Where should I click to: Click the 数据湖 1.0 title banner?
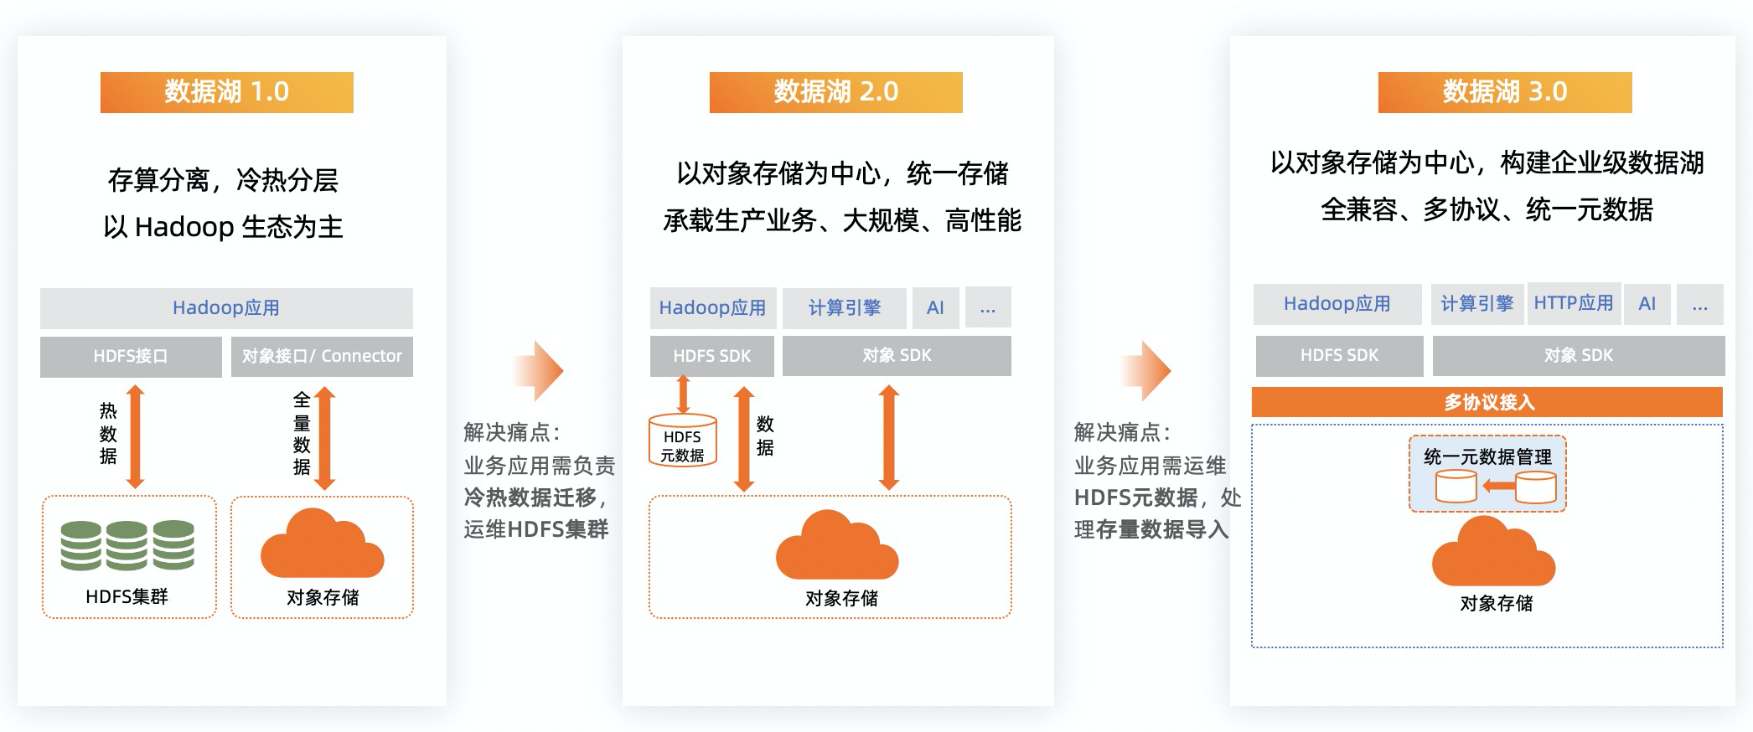click(x=226, y=92)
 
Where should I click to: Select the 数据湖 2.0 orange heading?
click(x=835, y=92)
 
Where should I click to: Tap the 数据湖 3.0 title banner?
click(x=1504, y=92)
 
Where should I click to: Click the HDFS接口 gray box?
click(x=131, y=357)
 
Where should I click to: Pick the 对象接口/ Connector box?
click(x=322, y=357)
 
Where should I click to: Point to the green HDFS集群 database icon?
click(x=127, y=545)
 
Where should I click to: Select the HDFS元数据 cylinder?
click(x=682, y=441)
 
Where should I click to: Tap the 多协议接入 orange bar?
click(x=1487, y=402)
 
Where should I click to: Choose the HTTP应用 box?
click(x=1573, y=303)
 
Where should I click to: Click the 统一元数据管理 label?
click(x=1487, y=456)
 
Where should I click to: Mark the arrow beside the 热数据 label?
click(x=135, y=436)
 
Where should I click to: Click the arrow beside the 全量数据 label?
click(x=325, y=438)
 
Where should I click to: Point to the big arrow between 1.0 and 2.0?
click(x=540, y=370)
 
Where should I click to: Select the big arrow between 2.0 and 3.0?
click(x=1148, y=370)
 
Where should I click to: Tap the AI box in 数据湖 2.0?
click(x=935, y=308)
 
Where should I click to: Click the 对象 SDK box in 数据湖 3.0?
click(x=1578, y=356)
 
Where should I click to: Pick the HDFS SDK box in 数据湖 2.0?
click(x=712, y=356)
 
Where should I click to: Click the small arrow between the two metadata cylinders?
click(x=1498, y=486)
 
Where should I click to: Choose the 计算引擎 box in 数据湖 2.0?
click(x=844, y=308)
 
